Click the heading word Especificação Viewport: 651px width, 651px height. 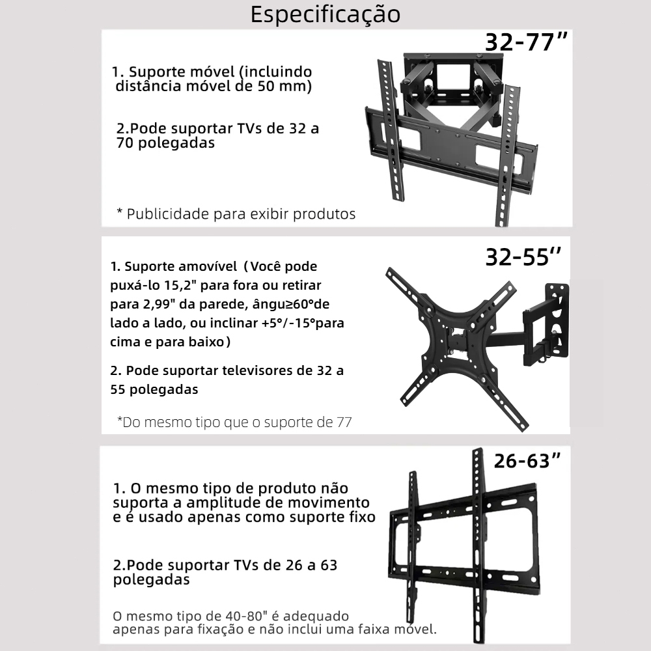tap(325, 15)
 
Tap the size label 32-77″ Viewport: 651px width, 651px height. tap(526, 42)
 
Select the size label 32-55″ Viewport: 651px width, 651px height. tap(523, 257)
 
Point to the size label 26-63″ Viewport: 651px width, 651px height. tap(527, 461)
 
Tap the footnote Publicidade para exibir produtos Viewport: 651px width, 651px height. tap(236, 214)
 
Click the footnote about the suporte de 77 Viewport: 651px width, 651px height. tap(234, 422)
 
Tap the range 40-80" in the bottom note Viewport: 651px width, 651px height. tap(242, 616)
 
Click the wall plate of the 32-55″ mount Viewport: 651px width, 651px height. tap(557, 320)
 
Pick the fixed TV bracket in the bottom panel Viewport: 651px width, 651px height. tap(464, 549)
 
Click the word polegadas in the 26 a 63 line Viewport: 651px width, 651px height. tap(151, 579)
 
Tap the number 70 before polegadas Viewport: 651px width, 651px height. tap(124, 143)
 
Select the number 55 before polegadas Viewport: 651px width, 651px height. tap(118, 389)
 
